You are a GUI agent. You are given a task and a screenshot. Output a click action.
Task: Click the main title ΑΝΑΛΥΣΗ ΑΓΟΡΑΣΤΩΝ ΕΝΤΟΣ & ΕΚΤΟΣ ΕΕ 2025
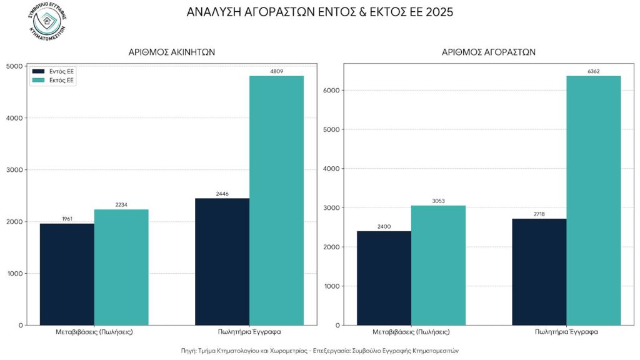click(x=320, y=12)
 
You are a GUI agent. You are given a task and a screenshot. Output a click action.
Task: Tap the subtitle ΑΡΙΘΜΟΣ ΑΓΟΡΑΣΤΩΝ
click(x=488, y=52)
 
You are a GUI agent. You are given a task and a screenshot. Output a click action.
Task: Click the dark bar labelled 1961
click(x=67, y=275)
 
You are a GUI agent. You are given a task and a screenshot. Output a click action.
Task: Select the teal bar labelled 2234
click(x=121, y=267)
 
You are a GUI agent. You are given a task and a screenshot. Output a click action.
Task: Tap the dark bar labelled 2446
click(x=222, y=262)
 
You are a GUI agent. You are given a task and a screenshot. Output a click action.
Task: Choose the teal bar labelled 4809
click(x=276, y=200)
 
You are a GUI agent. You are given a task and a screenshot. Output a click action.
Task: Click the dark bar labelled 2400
click(x=384, y=278)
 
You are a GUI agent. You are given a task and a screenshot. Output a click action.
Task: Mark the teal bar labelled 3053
click(x=438, y=265)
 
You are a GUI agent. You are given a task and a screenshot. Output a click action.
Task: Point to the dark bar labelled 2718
click(x=539, y=272)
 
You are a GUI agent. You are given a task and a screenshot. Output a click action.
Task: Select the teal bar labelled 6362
click(x=593, y=200)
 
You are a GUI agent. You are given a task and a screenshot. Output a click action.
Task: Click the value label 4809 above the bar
click(x=276, y=71)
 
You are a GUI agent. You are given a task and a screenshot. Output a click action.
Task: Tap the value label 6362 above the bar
click(x=593, y=71)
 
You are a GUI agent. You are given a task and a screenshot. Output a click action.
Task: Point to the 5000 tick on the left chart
click(x=14, y=66)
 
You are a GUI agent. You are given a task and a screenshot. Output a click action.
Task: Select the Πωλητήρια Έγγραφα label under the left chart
click(x=249, y=332)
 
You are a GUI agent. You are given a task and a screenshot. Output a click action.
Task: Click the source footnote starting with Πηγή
click(x=320, y=351)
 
